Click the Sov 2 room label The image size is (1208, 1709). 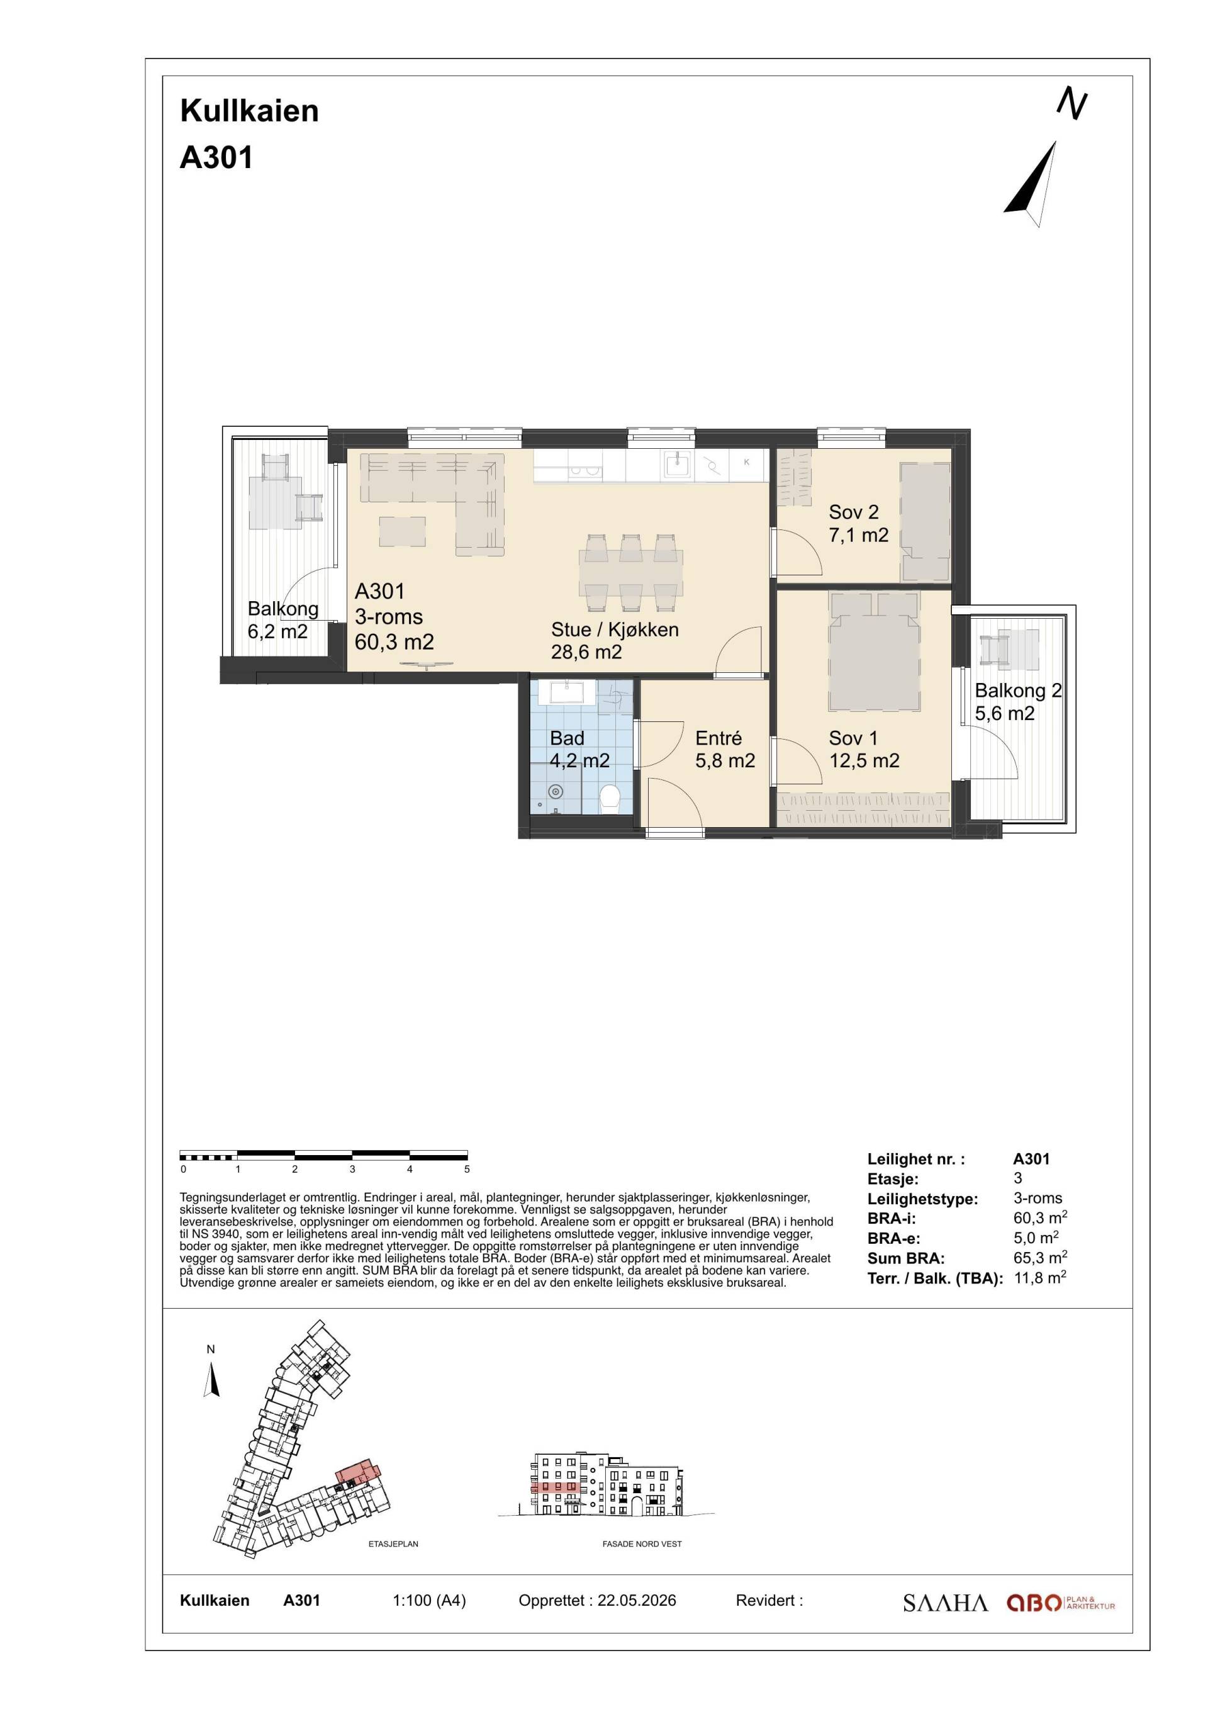858,523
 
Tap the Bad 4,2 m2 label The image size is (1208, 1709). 579,749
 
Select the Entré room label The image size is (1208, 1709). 719,738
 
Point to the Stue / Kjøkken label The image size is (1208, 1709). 615,629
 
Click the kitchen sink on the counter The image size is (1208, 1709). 678,465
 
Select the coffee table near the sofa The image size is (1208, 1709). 403,531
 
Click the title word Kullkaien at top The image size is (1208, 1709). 249,111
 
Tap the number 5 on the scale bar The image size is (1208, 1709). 467,1170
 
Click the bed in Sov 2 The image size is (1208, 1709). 926,522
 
